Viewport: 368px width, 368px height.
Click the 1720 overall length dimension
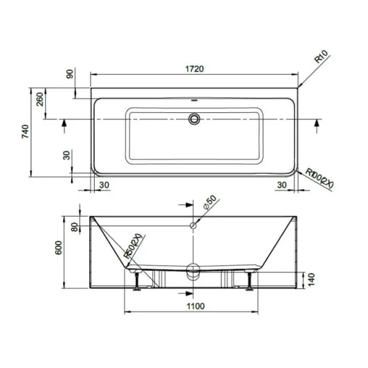[195, 67]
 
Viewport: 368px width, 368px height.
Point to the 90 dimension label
[71, 74]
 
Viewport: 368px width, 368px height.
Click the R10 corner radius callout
[321, 64]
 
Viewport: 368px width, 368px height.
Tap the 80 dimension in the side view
[74, 227]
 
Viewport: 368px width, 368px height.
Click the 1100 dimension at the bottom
[195, 306]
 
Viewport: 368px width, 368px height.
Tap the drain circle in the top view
[194, 119]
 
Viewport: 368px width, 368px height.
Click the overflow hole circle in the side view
[194, 226]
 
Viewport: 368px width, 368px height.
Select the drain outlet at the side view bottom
[194, 270]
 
